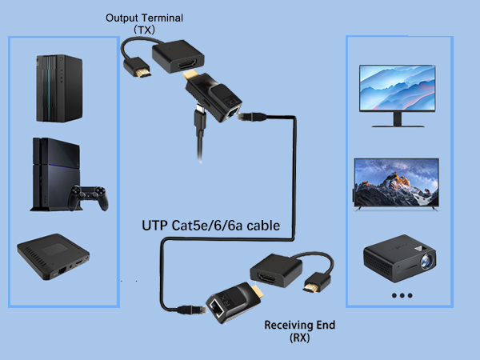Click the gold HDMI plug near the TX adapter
pyautogui.click(x=142, y=74)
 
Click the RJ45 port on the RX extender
pyautogui.click(x=216, y=307)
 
